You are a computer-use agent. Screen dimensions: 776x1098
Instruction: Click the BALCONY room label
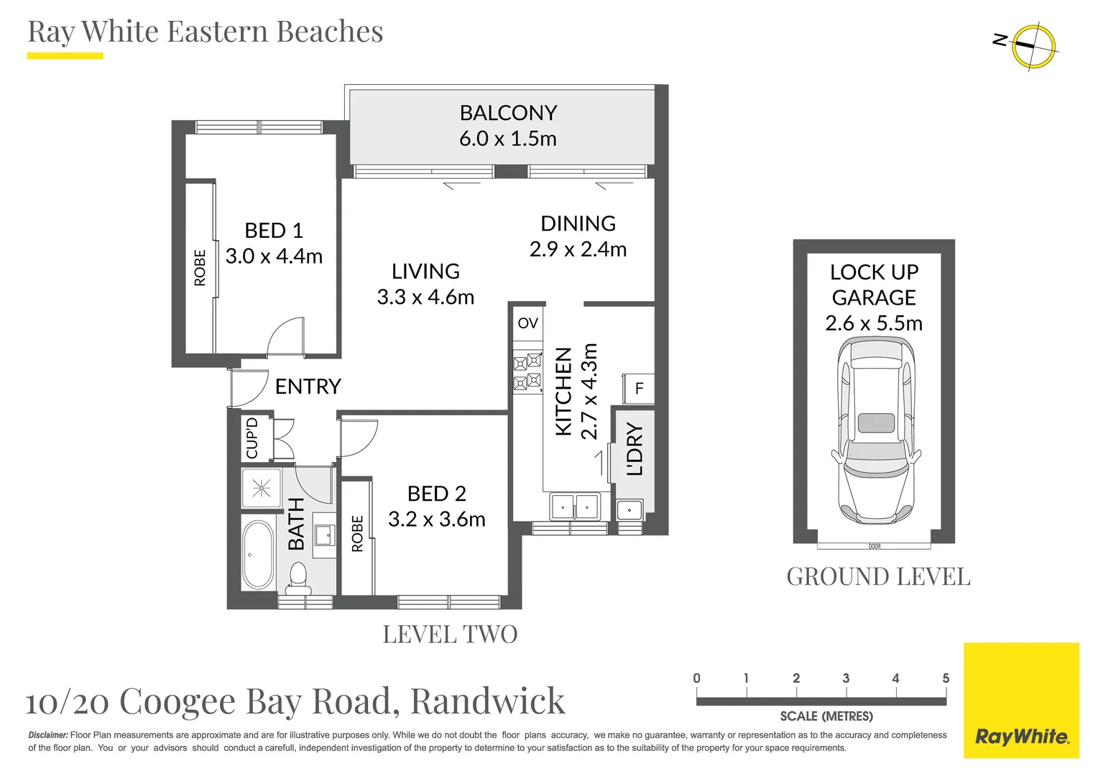[508, 113]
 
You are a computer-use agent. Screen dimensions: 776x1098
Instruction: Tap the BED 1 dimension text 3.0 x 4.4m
[274, 257]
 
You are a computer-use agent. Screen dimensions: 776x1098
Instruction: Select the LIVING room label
[425, 271]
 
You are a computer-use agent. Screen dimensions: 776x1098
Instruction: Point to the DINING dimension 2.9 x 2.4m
[578, 249]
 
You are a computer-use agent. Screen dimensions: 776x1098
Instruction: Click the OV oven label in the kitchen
[527, 323]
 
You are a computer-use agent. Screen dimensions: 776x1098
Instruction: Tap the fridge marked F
[639, 389]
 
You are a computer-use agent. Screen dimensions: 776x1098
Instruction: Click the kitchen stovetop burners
[527, 371]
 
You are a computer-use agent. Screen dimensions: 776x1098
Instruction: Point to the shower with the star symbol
[261, 489]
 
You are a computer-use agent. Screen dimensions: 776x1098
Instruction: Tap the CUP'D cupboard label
[252, 438]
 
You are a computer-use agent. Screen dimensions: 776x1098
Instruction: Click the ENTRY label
[308, 387]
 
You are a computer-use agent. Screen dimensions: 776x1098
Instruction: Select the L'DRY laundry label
[635, 449]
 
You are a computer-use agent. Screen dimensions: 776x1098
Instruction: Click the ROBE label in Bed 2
[357, 534]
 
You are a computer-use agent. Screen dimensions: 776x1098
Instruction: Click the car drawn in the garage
[876, 430]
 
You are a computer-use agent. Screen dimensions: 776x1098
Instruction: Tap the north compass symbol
[1033, 45]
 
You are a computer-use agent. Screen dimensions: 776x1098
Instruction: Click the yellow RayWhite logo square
[1021, 700]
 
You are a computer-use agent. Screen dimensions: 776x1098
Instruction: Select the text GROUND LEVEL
[878, 577]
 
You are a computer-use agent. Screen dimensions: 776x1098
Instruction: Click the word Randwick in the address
[488, 701]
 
